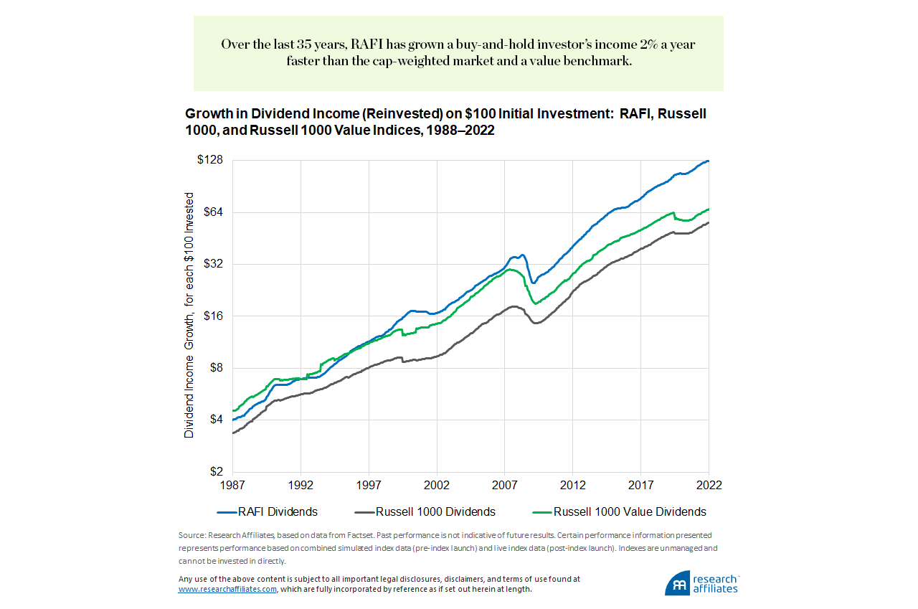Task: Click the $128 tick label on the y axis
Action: pos(210,160)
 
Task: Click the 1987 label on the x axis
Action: pos(232,485)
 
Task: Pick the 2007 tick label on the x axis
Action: pos(505,485)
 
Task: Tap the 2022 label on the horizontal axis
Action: pos(709,485)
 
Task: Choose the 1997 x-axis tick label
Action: pos(369,485)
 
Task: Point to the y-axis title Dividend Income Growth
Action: pos(190,316)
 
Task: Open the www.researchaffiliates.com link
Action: pos(227,589)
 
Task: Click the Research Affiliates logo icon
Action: pos(677,582)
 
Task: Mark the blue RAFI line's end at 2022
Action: pos(708,161)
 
